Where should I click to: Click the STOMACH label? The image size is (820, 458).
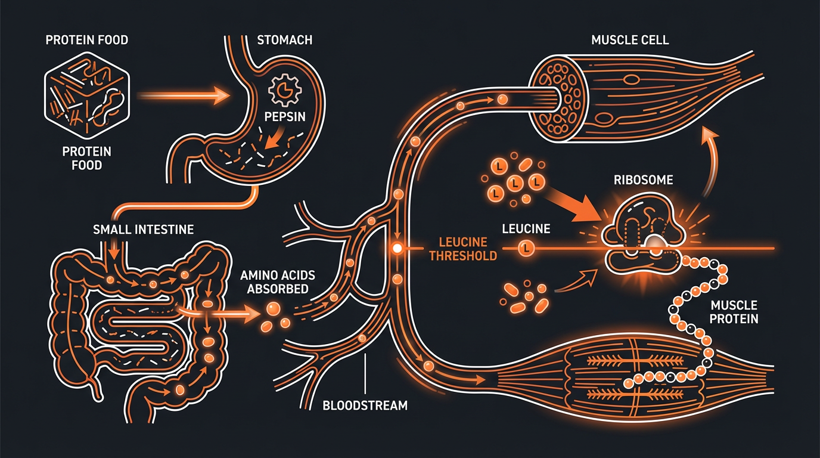(x=285, y=41)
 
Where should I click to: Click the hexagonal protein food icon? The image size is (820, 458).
(x=87, y=98)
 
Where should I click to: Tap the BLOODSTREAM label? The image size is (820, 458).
(x=365, y=406)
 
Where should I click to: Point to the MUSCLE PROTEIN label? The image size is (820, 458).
(x=734, y=311)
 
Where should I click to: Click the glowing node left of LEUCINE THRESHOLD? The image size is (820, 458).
(x=395, y=247)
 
